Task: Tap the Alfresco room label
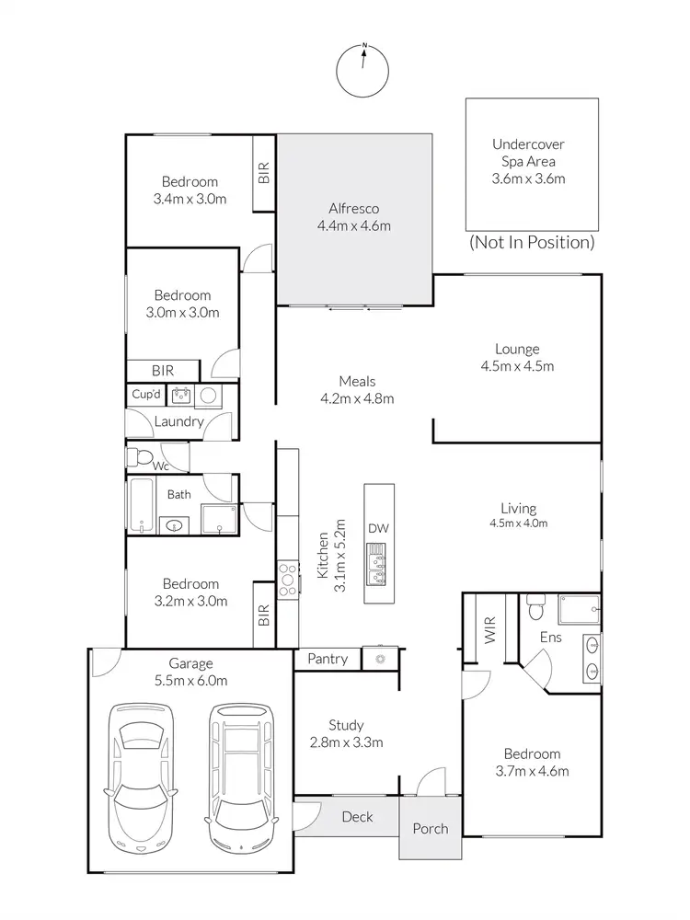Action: click(x=354, y=209)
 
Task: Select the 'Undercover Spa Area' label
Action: click(x=528, y=152)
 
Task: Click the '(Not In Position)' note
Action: click(x=532, y=243)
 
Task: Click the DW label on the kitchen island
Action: click(x=378, y=528)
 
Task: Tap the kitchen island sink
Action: click(x=378, y=564)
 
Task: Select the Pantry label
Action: click(x=328, y=659)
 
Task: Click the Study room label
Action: click(x=345, y=725)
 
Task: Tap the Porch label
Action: click(x=430, y=829)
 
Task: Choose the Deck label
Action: click(x=357, y=816)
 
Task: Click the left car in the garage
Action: click(x=140, y=777)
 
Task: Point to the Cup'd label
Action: click(x=146, y=395)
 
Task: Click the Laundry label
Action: click(x=178, y=422)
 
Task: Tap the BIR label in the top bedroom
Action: click(x=264, y=174)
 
